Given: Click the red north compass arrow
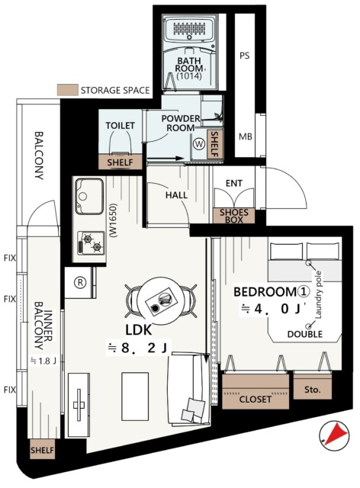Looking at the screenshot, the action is click(337, 435).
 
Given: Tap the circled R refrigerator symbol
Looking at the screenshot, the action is click(80, 282).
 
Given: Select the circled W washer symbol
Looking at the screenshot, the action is click(199, 144).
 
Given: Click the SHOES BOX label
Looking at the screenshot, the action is click(234, 216).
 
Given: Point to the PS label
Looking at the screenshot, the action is click(245, 56).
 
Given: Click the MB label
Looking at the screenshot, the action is click(246, 136).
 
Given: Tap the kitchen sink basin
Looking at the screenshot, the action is click(89, 196).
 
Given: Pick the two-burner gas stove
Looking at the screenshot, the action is click(91, 243).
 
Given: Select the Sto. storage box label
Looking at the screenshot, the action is click(312, 390).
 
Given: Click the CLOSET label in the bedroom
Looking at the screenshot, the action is click(255, 400).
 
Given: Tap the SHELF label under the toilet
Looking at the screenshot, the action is click(120, 162).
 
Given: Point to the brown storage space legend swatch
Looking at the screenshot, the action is click(67, 90).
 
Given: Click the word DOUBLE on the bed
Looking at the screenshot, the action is click(305, 334).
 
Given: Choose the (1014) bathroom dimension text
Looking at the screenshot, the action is click(189, 76).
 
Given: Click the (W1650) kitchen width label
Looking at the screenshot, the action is click(114, 220).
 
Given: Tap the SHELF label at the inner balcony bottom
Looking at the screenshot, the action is click(42, 450).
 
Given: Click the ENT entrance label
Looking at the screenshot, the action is click(234, 183).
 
